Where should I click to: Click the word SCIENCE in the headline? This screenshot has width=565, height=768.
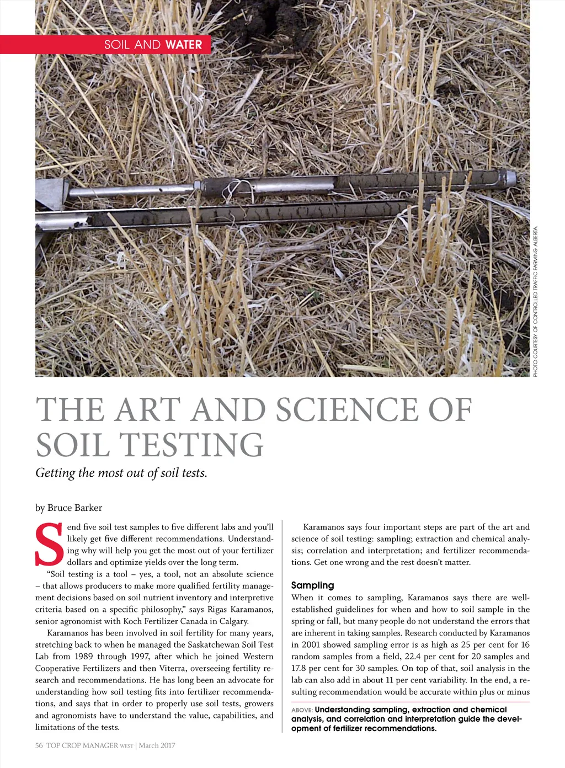[x=347, y=409]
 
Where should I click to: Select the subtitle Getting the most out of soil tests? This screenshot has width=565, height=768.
[x=121, y=473]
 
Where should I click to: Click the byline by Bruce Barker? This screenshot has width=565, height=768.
[x=68, y=508]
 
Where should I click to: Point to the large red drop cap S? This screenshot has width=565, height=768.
[x=49, y=545]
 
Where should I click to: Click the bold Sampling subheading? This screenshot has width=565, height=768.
[x=312, y=585]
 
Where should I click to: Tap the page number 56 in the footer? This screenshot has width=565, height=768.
[x=39, y=745]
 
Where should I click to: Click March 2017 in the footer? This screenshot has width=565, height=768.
[x=157, y=745]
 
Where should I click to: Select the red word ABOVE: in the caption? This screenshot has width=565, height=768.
[x=302, y=710]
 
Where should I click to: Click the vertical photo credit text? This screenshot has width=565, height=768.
[x=535, y=302]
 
